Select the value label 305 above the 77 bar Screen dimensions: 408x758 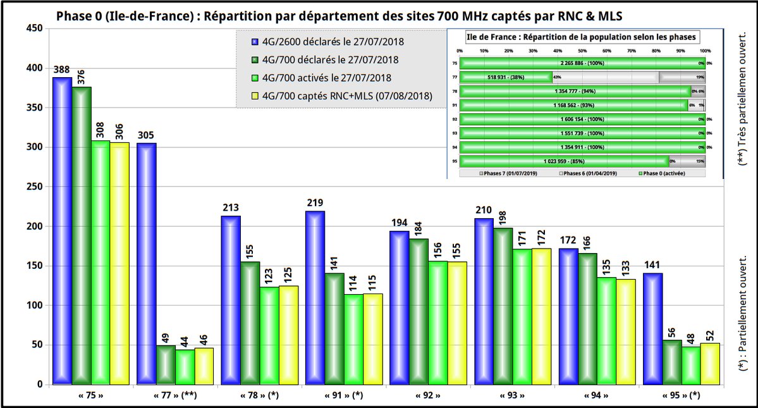coord(146,135)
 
